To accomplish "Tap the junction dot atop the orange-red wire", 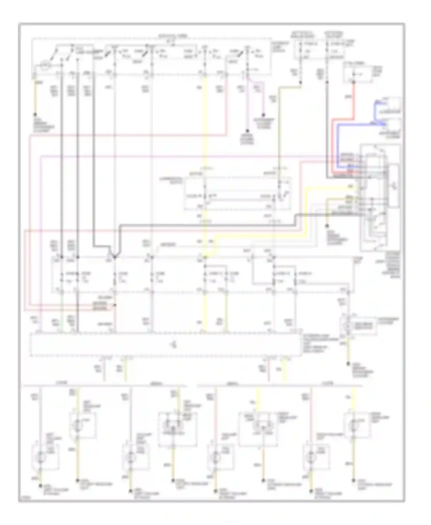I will [354, 82].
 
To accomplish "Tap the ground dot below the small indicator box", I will [348, 364].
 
